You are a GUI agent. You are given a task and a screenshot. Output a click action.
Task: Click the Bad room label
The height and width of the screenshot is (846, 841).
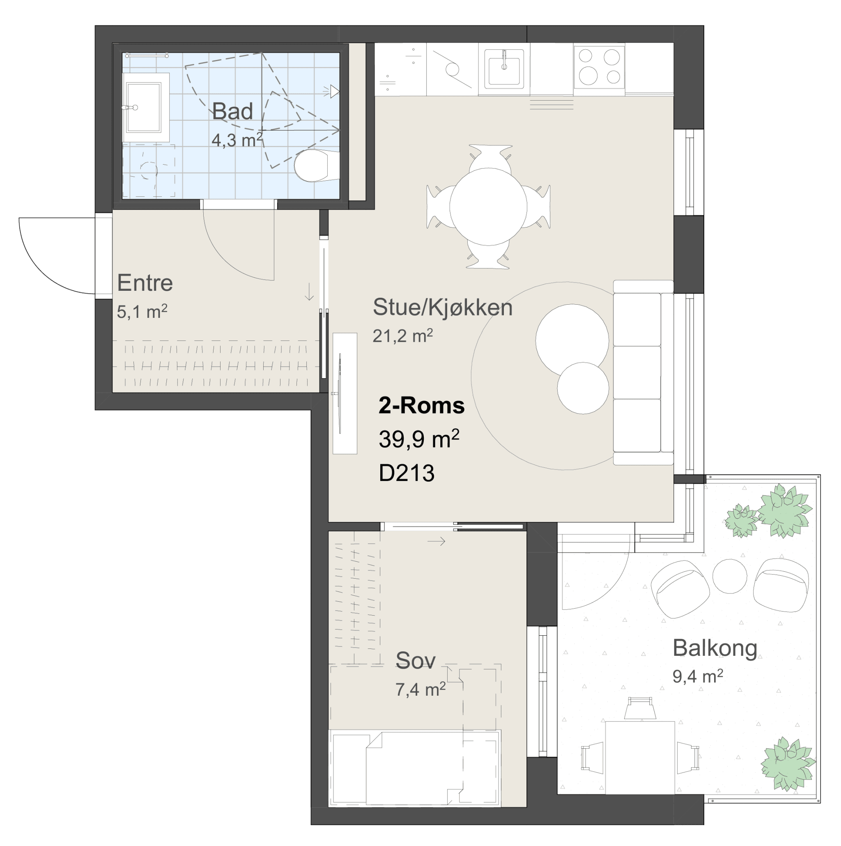[232, 111]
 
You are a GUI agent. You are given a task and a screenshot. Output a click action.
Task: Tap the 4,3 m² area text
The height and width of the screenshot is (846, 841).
[237, 140]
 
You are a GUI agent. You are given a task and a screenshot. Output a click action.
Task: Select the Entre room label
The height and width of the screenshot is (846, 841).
[145, 283]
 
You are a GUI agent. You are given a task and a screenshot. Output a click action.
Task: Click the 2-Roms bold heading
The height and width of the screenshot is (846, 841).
[422, 405]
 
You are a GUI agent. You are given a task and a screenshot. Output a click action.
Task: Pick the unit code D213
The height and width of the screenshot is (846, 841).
[407, 473]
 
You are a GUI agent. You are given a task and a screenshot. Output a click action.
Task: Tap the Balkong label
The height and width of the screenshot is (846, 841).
[715, 648]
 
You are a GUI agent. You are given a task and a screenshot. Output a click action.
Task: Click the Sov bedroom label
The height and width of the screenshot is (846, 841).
[416, 660]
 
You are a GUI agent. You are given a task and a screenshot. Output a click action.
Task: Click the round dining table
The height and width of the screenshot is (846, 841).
[489, 207]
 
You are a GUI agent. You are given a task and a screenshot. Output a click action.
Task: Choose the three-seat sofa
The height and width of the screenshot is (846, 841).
[643, 372]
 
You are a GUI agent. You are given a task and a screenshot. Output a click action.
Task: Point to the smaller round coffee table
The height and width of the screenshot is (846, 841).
[583, 388]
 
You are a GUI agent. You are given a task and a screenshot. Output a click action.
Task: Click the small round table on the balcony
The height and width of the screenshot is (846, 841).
[730, 576]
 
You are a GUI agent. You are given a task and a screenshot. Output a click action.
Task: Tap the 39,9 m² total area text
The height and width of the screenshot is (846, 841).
[419, 439]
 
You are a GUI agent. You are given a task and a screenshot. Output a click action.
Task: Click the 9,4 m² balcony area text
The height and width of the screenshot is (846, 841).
[698, 676]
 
